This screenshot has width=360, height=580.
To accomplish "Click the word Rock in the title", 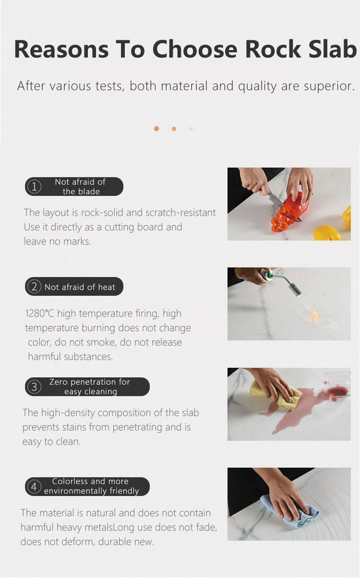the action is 273,49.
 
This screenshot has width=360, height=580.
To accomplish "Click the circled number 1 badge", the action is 34,186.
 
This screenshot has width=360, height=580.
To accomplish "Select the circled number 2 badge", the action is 34,287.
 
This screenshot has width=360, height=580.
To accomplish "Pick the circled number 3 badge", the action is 34,387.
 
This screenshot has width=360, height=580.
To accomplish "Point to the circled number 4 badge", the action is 34,487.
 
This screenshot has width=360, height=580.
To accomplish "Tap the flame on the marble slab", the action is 314,315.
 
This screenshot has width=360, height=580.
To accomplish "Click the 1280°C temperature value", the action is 40,314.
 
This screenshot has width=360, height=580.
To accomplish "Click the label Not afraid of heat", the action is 80,287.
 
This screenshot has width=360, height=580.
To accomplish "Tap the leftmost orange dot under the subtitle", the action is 156,129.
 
